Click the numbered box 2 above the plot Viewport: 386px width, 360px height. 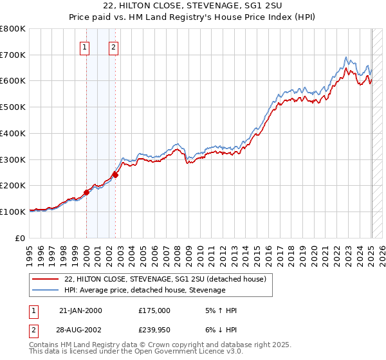(113, 46)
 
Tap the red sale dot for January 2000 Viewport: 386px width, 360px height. (86, 192)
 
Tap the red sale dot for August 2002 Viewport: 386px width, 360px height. (115, 174)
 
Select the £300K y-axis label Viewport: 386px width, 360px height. (14, 159)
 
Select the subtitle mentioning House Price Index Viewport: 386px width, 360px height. (192, 18)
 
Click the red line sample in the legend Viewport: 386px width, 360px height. (46, 280)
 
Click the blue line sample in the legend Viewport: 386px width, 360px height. (46, 291)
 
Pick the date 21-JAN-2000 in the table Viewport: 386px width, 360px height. (80, 310)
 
